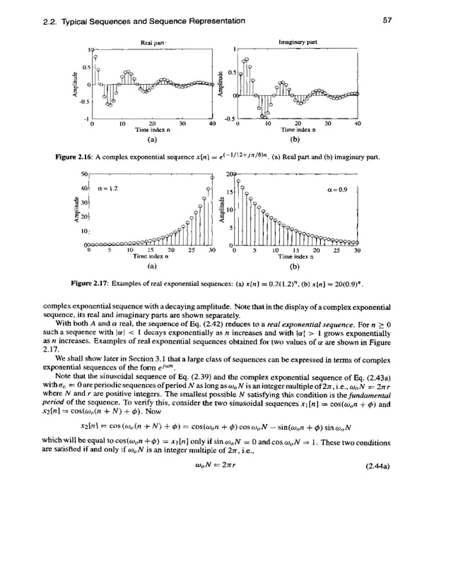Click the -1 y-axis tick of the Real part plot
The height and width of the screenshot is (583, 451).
(x=83, y=117)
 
